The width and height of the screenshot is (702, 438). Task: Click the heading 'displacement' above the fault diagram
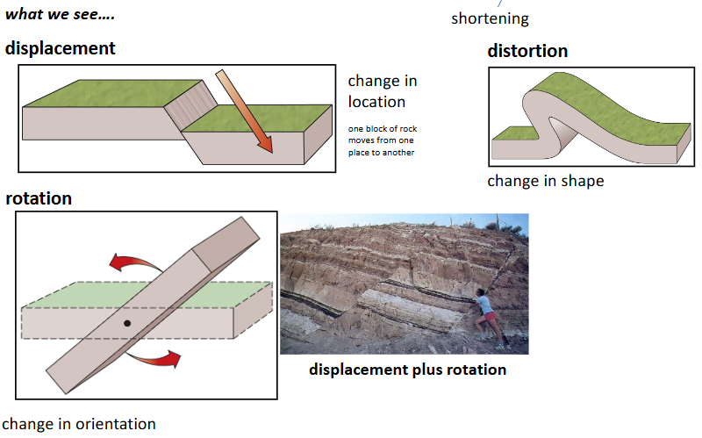pos(60,48)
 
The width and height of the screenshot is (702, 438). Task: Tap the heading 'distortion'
pos(527,51)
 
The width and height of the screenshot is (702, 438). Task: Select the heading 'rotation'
pos(39,198)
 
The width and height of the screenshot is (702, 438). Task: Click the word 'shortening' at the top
pos(490,18)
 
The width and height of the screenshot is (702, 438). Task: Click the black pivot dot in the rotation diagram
pos(127,324)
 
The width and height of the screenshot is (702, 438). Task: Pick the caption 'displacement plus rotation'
pos(407,370)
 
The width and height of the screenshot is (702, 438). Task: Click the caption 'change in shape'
pos(545,182)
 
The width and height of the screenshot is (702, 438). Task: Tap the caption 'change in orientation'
pos(79,425)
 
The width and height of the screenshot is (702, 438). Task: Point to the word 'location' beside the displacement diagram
pos(378,102)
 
